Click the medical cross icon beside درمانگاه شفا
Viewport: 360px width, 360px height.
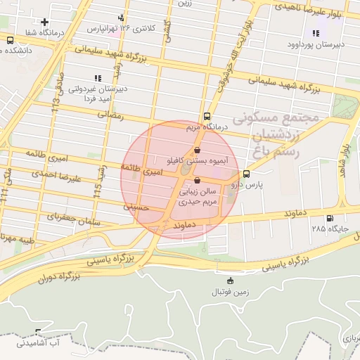[45, 22]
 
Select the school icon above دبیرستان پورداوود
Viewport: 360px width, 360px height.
[315, 33]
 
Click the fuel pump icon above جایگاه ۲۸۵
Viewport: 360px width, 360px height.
[330, 218]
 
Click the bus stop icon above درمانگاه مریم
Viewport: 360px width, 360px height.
[207, 117]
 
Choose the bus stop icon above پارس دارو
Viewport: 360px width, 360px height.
[246, 174]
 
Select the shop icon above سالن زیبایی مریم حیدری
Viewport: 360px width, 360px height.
[196, 180]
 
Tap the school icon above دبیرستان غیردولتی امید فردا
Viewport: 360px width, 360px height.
[97, 78]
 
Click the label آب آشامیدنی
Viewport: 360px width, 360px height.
[49, 344]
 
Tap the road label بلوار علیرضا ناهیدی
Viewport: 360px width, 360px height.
[311, 13]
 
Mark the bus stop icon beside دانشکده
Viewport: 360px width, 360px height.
[9, 40]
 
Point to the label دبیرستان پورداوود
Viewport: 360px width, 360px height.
[315, 44]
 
